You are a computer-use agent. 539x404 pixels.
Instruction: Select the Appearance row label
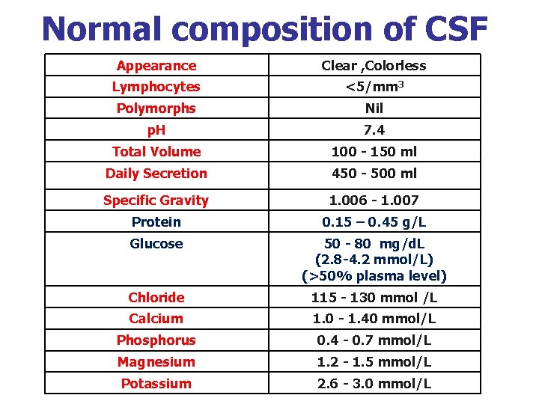(x=156, y=66)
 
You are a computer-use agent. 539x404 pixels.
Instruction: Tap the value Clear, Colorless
(x=374, y=66)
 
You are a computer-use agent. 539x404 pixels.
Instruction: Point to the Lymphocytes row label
(x=156, y=87)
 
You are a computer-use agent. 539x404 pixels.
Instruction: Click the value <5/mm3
(x=374, y=87)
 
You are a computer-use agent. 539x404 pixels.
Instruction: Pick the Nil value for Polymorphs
(x=374, y=108)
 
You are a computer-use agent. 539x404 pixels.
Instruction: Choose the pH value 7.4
(x=374, y=130)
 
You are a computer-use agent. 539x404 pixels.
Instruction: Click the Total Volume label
(x=156, y=152)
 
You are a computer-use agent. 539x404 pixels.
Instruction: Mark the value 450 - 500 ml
(x=374, y=174)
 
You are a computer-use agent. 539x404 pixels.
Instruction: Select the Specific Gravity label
(x=156, y=201)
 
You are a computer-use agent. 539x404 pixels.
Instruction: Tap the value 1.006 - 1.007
(x=374, y=201)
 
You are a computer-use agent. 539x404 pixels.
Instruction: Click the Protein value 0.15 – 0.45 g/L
(x=374, y=222)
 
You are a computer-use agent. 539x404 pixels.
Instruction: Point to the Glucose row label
(x=156, y=244)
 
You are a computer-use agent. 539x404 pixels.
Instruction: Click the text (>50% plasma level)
(x=374, y=276)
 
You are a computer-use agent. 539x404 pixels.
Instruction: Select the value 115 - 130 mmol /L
(x=374, y=298)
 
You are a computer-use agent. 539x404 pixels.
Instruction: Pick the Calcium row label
(x=156, y=319)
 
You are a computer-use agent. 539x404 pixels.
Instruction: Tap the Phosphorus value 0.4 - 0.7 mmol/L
(x=374, y=340)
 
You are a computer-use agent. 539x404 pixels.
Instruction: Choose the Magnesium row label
(x=156, y=362)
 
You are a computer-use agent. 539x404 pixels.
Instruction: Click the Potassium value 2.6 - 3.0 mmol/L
(x=374, y=384)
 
